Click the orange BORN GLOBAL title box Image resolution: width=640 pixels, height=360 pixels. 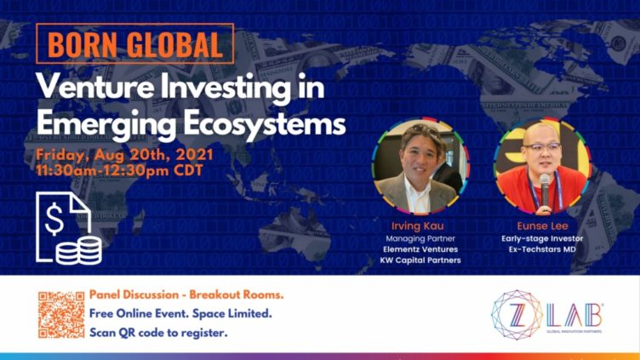[x=135, y=43]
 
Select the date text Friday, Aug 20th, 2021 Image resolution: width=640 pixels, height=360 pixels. [x=124, y=155]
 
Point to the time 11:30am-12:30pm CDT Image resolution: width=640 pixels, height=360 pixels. [x=119, y=170]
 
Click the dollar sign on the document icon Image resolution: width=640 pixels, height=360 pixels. [x=54, y=219]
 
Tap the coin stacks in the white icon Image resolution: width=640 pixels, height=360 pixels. [x=79, y=250]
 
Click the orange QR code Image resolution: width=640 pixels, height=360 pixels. [x=61, y=315]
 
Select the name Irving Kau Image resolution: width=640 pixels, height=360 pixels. [x=418, y=226]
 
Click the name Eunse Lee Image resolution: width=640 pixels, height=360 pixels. [x=542, y=226]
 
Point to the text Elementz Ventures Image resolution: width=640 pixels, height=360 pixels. [x=420, y=249]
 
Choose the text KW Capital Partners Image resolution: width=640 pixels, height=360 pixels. [x=420, y=260]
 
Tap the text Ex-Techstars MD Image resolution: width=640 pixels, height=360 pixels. [x=542, y=249]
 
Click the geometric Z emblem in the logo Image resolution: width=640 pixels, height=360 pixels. [x=517, y=315]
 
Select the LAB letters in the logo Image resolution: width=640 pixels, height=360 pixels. [x=574, y=315]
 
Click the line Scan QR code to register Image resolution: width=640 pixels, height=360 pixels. [x=158, y=333]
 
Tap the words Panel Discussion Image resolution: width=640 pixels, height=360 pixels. [x=134, y=294]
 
